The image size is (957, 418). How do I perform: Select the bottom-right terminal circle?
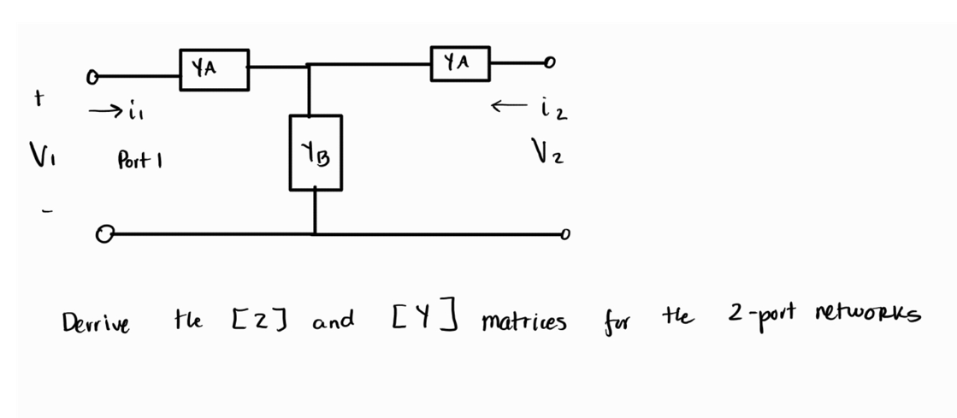pos(561,233)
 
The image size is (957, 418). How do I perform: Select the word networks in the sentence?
pos(869,317)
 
